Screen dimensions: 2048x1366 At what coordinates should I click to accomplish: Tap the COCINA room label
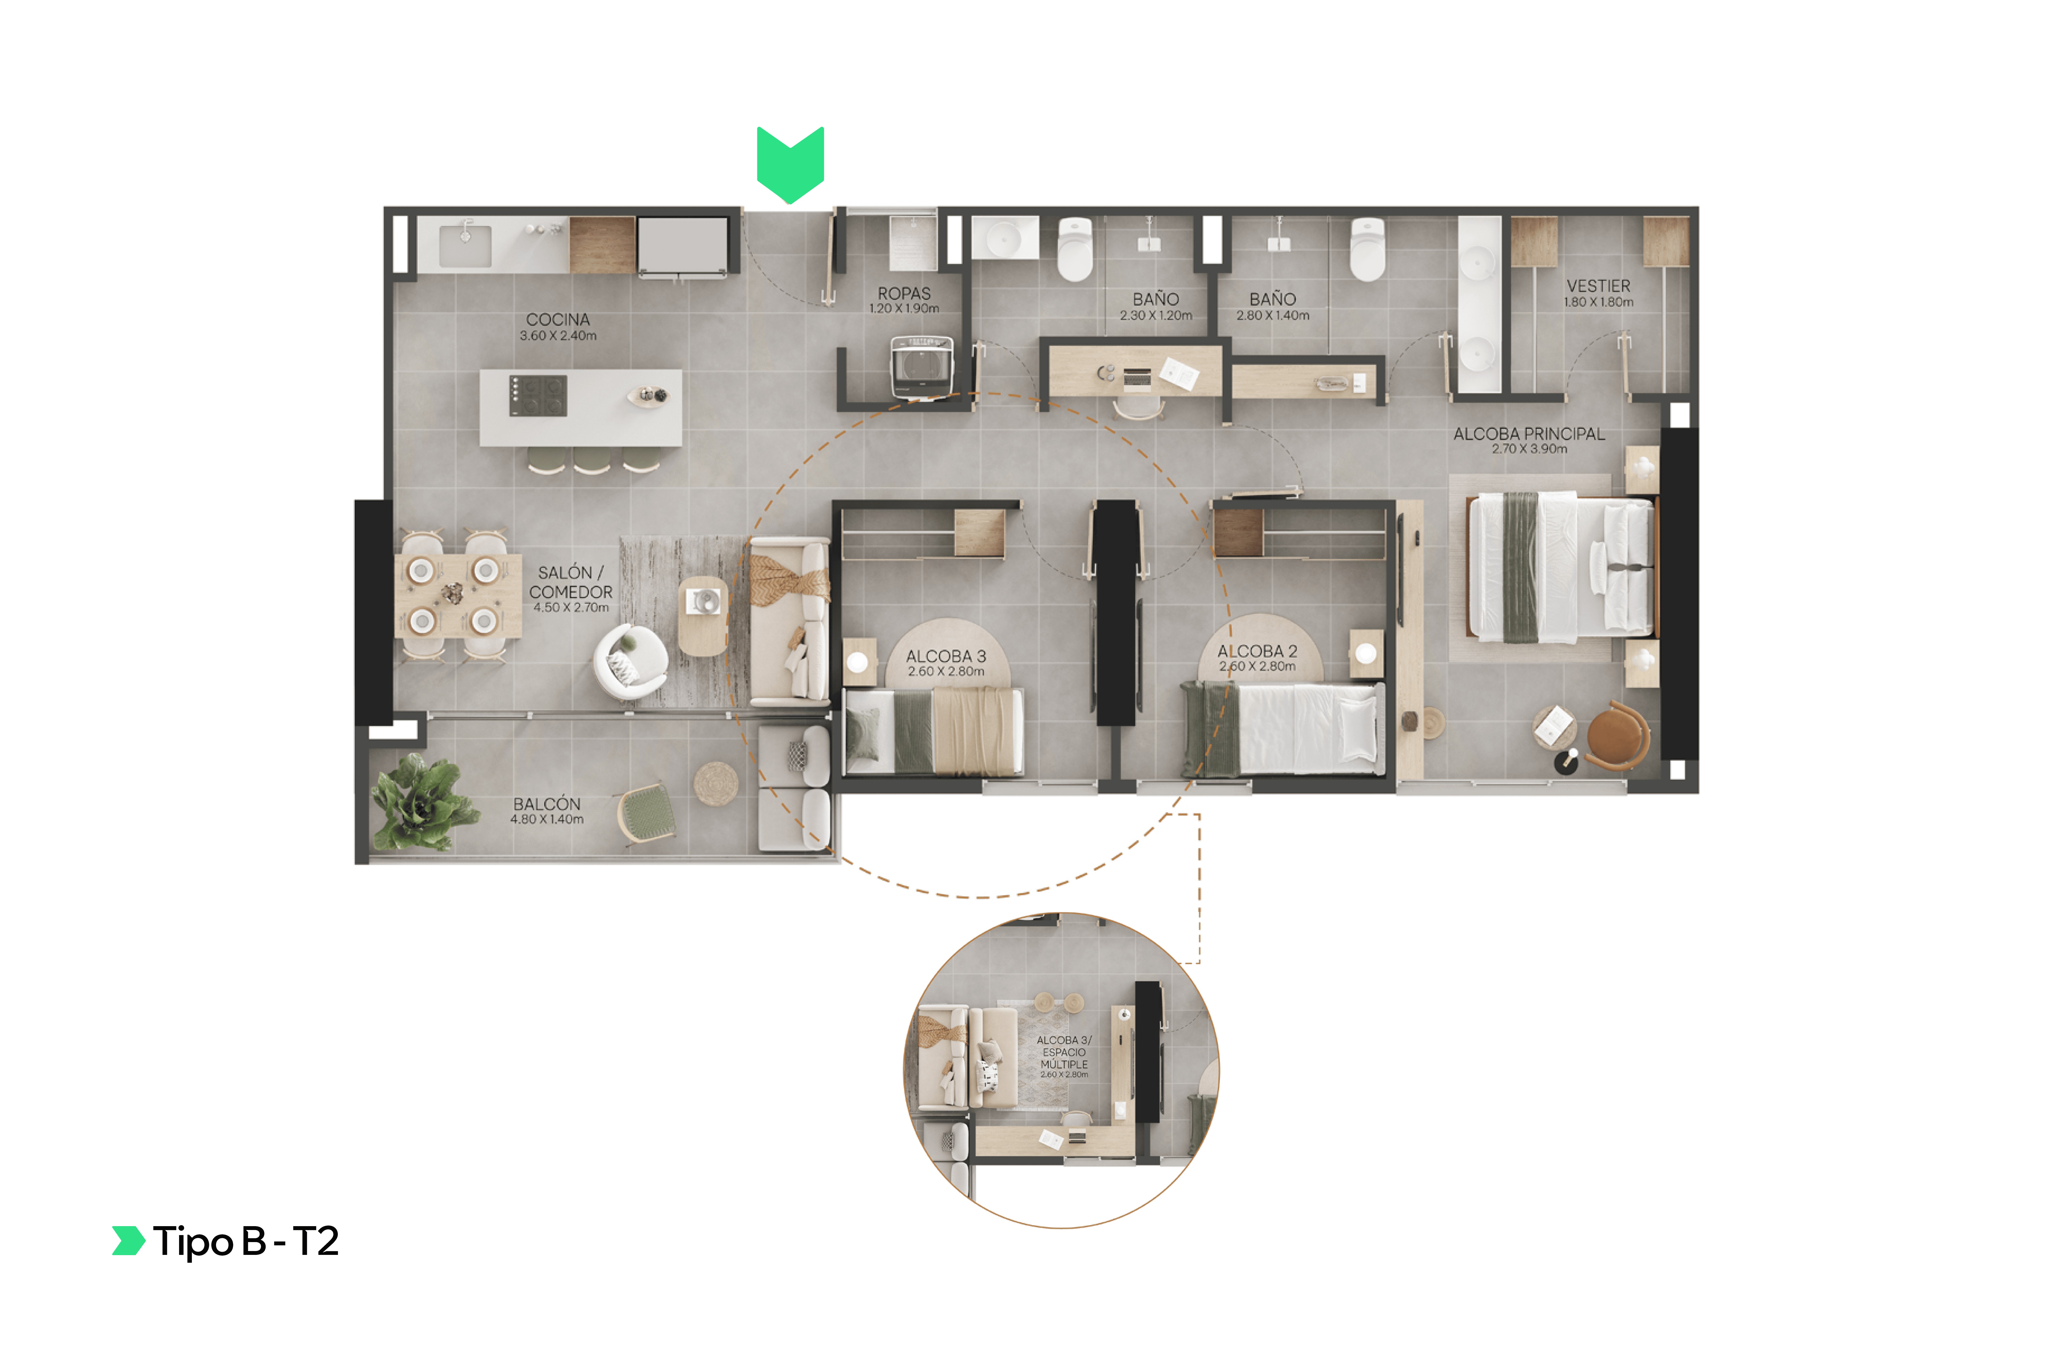tap(558, 320)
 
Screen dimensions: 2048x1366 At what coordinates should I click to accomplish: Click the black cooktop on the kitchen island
tap(538, 395)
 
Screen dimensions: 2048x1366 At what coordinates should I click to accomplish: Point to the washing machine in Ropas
tap(921, 366)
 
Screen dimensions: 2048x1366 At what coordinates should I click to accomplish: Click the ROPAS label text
tap(904, 293)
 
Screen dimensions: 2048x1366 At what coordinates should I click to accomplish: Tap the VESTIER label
tap(1598, 286)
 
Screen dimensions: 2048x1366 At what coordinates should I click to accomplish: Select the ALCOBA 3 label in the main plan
tap(946, 656)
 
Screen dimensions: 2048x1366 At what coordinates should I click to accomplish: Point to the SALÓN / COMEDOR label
tap(571, 582)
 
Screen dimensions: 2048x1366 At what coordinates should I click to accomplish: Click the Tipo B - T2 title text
tap(246, 1241)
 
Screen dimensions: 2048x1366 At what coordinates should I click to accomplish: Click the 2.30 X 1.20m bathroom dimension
tap(1156, 315)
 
